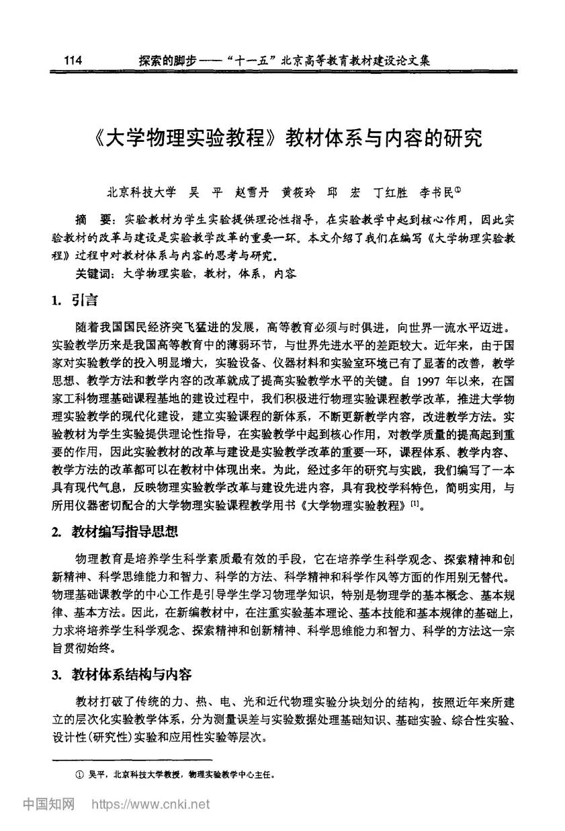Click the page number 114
click(72, 61)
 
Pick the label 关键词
click(89, 274)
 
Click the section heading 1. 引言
click(75, 301)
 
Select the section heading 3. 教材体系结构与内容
click(122, 675)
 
